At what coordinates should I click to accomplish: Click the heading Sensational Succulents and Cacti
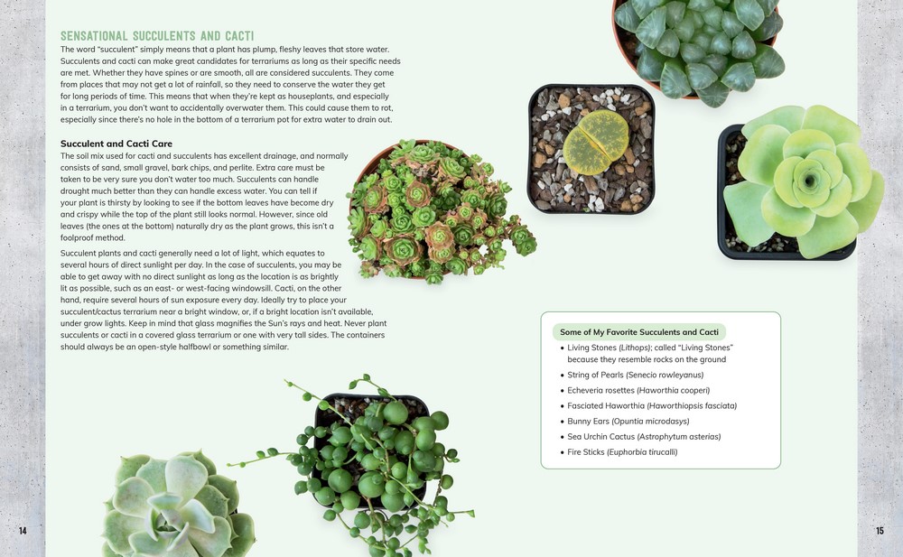[157, 36]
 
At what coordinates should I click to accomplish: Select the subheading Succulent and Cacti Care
[116, 144]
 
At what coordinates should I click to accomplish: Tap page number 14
[23, 531]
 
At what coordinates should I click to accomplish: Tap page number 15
[880, 531]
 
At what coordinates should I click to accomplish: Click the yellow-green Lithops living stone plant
[595, 143]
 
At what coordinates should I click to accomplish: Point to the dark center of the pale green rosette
[809, 181]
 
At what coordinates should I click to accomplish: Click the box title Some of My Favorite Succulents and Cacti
[639, 332]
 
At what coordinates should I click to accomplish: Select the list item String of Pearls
[635, 375]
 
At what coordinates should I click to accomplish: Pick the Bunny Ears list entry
[628, 422]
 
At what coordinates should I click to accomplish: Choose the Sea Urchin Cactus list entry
[644, 437]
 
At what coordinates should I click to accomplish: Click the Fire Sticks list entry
[622, 452]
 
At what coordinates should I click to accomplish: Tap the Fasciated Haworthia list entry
[652, 406]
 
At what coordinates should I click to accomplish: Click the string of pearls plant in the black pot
[368, 460]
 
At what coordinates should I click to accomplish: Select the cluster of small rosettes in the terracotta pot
[441, 211]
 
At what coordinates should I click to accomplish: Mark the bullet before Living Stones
[562, 348]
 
